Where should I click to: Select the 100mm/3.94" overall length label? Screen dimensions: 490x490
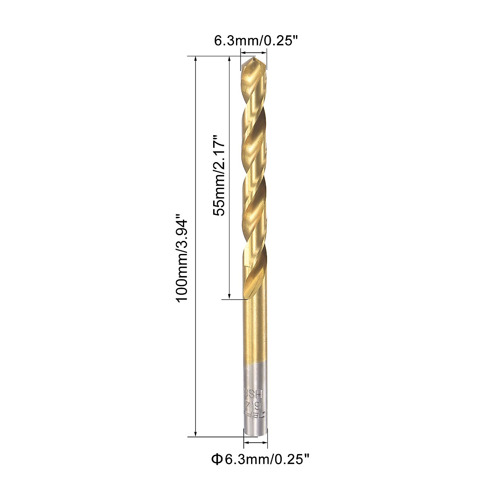[181, 261]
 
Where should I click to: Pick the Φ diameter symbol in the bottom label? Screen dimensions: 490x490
[216, 460]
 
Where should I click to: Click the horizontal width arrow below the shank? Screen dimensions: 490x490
[256, 442]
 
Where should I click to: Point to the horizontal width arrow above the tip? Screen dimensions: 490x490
[254, 51]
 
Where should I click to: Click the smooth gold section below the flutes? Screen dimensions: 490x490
[255, 331]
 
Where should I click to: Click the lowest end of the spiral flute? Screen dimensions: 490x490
[247, 296]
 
